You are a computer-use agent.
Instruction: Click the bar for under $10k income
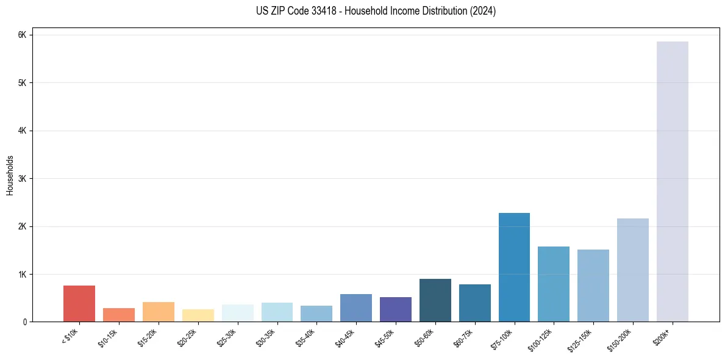point(79,303)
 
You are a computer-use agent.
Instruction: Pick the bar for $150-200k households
point(633,270)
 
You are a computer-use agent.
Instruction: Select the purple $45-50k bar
point(396,309)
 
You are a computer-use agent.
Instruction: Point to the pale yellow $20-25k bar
point(198,315)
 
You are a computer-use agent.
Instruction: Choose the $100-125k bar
point(554,284)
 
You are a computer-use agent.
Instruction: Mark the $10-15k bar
point(119,315)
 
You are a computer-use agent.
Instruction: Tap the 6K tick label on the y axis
point(22,35)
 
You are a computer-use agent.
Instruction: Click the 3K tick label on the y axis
point(22,179)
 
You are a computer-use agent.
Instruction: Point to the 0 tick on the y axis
point(24,322)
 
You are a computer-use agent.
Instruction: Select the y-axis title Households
point(10,175)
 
